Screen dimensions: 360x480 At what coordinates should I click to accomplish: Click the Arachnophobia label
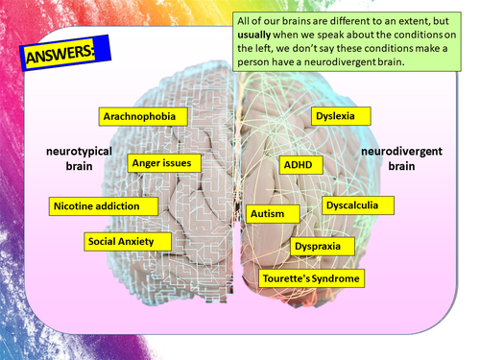coord(146,116)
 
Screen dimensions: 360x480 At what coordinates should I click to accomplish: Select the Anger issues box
coord(162,163)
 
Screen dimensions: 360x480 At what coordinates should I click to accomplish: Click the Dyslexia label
coord(335,116)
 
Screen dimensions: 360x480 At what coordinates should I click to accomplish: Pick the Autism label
coord(267,213)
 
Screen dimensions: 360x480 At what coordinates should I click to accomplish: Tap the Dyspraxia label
coord(323,247)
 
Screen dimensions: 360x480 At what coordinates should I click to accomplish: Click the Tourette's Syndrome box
coord(312,279)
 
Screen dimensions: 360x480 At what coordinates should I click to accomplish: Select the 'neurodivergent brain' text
coord(401,159)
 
